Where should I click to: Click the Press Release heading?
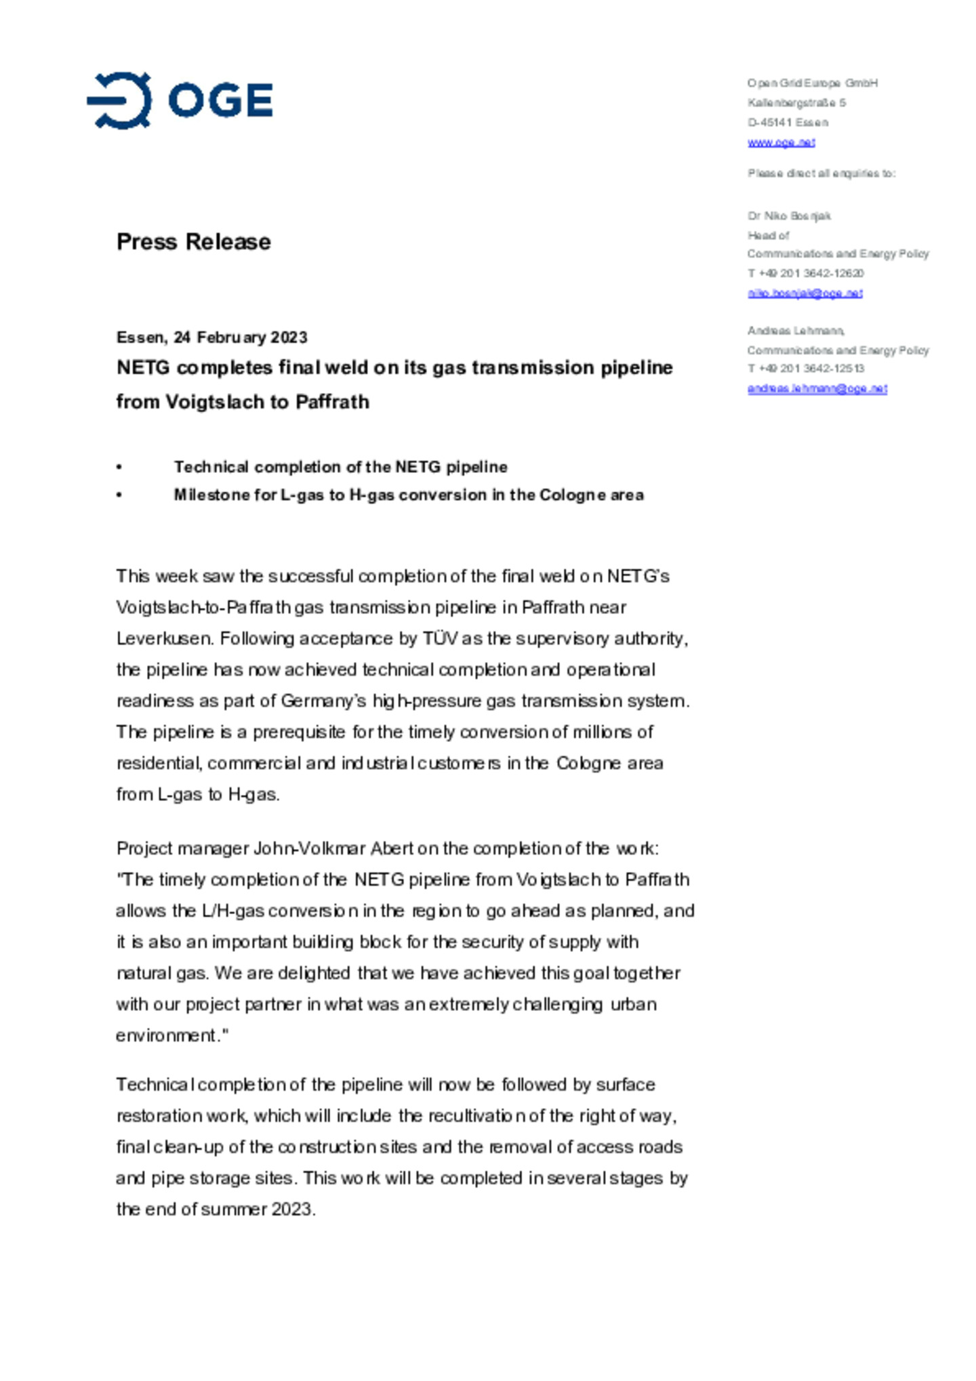click(x=193, y=242)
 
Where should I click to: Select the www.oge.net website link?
click(x=781, y=142)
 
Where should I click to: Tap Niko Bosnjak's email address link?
click(x=805, y=293)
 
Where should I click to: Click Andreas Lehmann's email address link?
click(x=817, y=389)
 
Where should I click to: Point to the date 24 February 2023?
click(x=240, y=337)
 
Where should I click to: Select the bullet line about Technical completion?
click(x=340, y=467)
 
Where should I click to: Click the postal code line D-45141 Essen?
click(x=788, y=123)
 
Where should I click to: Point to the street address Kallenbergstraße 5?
click(x=796, y=103)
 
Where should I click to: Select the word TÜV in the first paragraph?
click(x=440, y=639)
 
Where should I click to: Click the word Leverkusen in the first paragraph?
click(x=164, y=639)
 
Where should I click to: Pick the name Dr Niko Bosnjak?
click(x=789, y=216)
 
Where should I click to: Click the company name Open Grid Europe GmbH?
click(x=812, y=83)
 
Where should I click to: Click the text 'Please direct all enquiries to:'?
click(x=821, y=173)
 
